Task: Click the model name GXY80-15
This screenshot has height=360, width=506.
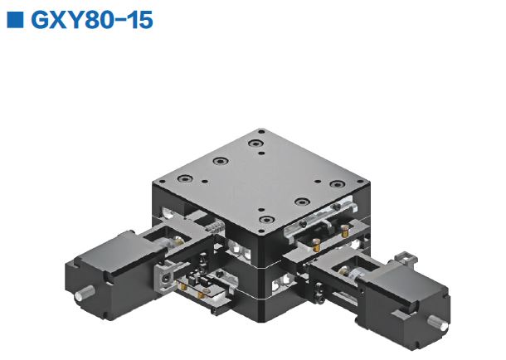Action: pyautogui.click(x=92, y=20)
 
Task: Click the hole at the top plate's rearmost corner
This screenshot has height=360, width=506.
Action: pyautogui.click(x=260, y=131)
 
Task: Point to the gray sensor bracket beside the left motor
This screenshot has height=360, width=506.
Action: pyautogui.click(x=169, y=274)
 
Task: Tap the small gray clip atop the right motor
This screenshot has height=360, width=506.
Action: pyautogui.click(x=403, y=254)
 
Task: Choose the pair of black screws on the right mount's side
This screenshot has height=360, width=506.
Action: pyautogui.click(x=319, y=290)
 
